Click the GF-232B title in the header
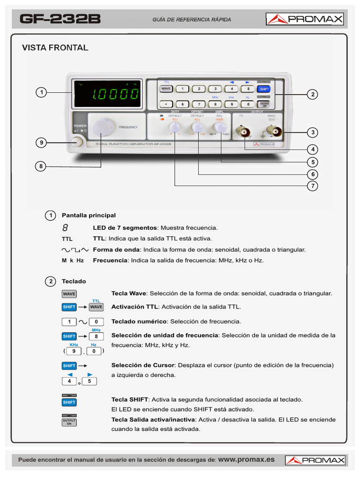point(60,19)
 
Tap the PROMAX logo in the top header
point(305,19)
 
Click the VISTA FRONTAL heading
point(55,48)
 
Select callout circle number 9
point(42,143)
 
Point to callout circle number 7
point(312,186)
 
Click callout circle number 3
point(312,132)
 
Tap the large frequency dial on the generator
point(103,127)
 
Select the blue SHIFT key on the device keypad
point(264,89)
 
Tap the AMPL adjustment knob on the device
point(219,127)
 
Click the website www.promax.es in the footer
point(247,459)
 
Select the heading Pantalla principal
point(89,215)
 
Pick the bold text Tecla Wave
point(129,293)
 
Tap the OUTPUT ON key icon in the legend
point(69,422)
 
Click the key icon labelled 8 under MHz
point(96,337)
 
